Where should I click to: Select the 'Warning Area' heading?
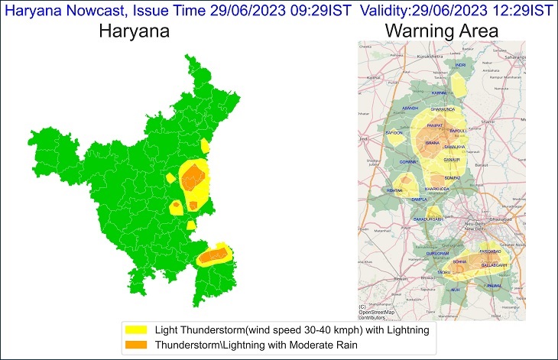tap(442, 32)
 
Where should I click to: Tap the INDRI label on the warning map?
tap(460, 66)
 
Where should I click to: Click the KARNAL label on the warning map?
tap(439, 92)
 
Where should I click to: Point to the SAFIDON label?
tap(394, 133)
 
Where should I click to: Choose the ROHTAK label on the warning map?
tap(394, 191)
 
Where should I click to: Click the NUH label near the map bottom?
tap(456, 290)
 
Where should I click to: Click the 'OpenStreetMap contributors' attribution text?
tap(378, 314)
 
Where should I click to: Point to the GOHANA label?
tap(407, 162)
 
